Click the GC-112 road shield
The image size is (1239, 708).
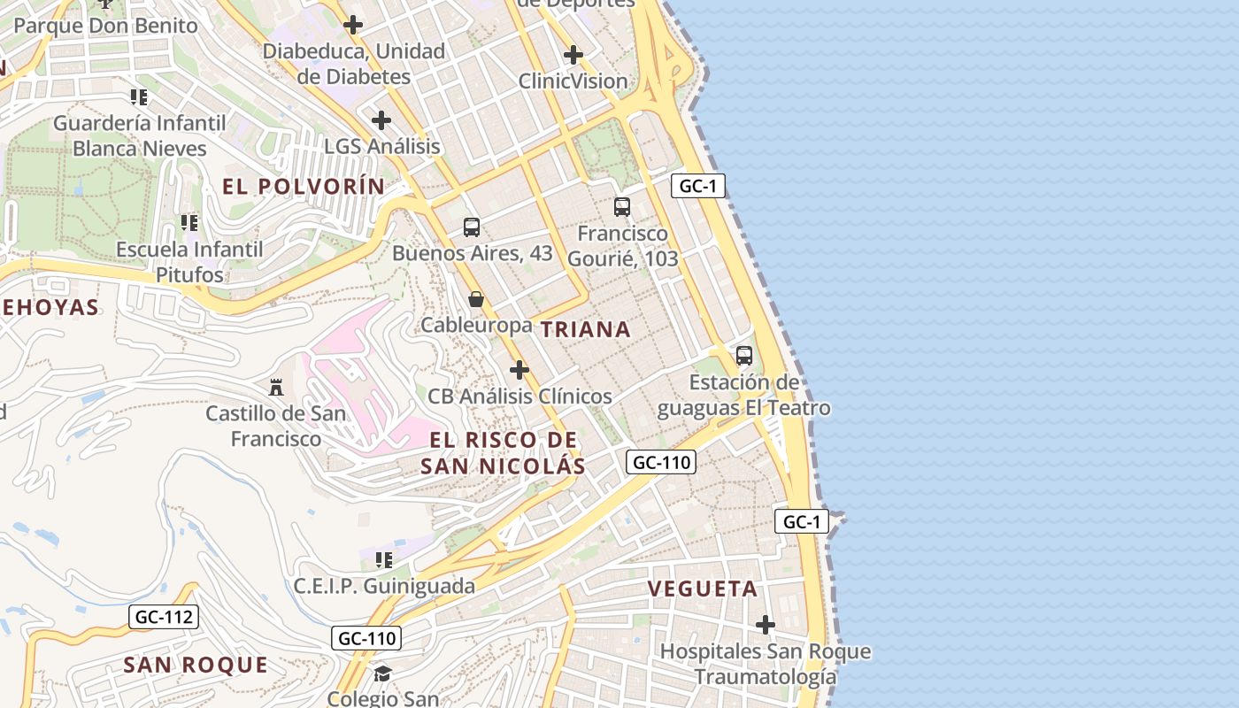pyautogui.click(x=164, y=617)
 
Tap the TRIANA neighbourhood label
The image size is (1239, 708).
pyautogui.click(x=586, y=330)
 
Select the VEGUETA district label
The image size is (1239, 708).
pyautogui.click(x=703, y=589)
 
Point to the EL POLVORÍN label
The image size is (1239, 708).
pyautogui.click(x=304, y=187)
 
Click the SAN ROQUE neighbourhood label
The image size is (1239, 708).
pyautogui.click(x=196, y=665)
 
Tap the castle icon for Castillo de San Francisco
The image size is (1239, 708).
pyautogui.click(x=276, y=388)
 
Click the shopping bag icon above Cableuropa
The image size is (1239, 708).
pyautogui.click(x=476, y=299)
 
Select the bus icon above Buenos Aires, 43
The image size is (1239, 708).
pyautogui.click(x=472, y=227)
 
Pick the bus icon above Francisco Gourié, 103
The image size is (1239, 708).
pyautogui.click(x=622, y=208)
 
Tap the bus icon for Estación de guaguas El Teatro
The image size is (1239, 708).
pyautogui.click(x=744, y=356)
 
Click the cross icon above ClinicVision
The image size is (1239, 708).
pyautogui.click(x=573, y=55)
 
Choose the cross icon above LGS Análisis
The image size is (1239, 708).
pyautogui.click(x=381, y=120)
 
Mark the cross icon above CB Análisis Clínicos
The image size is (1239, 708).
pyautogui.click(x=519, y=370)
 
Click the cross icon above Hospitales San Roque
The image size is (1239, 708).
pyautogui.click(x=766, y=626)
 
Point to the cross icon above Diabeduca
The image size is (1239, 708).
pyautogui.click(x=353, y=25)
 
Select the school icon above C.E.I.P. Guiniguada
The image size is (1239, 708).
pyautogui.click(x=384, y=559)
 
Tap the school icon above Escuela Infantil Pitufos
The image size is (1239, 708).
pyautogui.click(x=189, y=222)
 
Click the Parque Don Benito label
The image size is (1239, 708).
pyautogui.click(x=105, y=25)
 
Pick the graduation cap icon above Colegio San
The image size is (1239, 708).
pyautogui.click(x=382, y=673)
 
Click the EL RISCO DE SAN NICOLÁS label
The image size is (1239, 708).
pyautogui.click(x=503, y=453)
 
